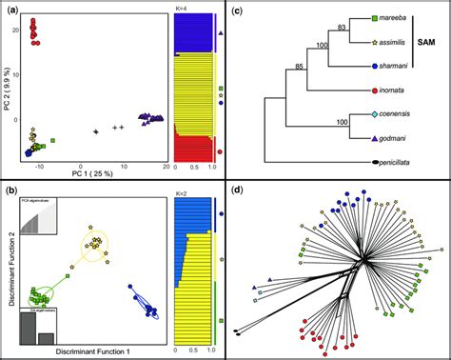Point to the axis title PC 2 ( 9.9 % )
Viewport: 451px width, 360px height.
click(9, 84)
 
